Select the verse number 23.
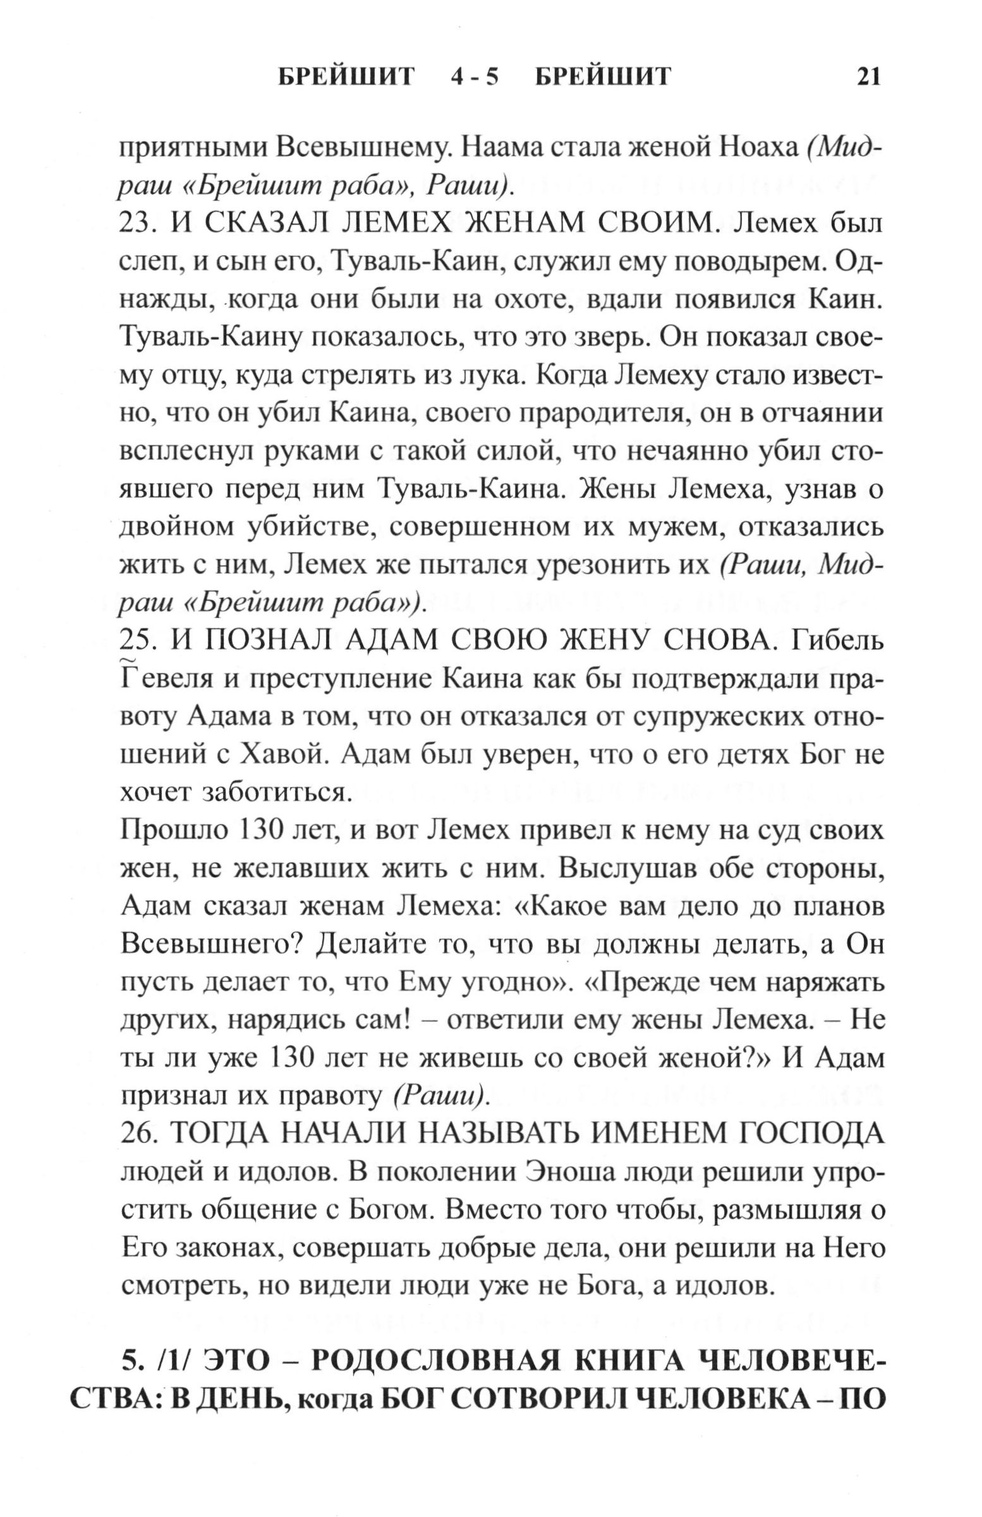(137, 224)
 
